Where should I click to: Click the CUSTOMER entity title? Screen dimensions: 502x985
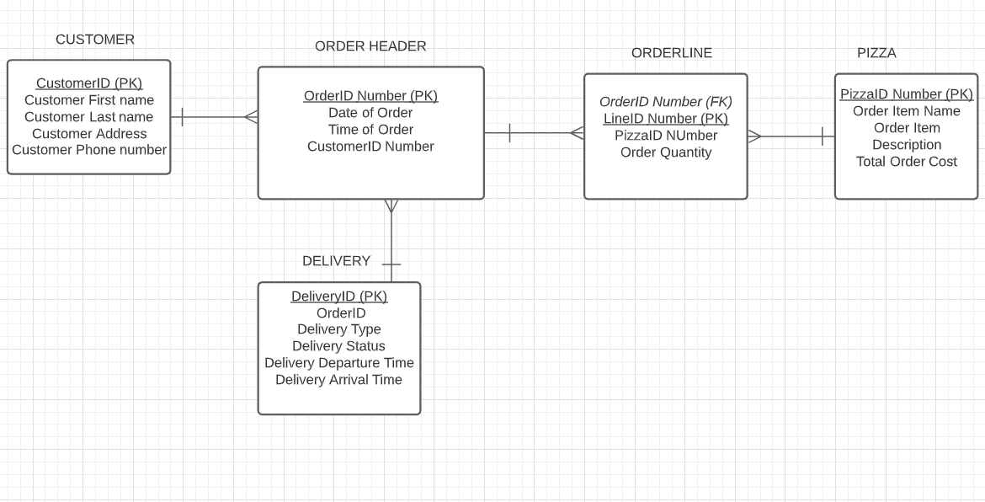coord(94,40)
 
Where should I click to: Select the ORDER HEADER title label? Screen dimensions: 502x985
coord(370,46)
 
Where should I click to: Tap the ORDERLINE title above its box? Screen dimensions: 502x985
coord(671,53)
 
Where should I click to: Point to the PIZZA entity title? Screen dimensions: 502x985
coord(876,53)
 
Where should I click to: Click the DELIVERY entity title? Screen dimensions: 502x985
coord(336,261)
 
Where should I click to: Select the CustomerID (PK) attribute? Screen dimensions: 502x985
coord(89,83)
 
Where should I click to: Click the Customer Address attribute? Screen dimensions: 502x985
coord(89,134)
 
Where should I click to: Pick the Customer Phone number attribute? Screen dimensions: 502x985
coord(89,150)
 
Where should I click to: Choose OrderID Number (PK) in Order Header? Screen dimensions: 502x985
coord(370,96)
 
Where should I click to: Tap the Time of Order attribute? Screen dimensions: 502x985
coord(370,130)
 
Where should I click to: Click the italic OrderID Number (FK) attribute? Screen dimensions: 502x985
coord(665,102)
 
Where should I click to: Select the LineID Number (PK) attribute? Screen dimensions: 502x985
coord(665,119)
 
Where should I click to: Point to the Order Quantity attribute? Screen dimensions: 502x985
coord(665,152)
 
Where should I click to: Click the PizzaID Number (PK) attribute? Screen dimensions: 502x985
coord(906,94)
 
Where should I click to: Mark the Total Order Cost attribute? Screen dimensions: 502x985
coord(906,162)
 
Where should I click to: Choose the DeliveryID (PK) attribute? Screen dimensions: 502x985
coord(338,296)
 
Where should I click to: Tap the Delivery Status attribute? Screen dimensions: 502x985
coord(338,346)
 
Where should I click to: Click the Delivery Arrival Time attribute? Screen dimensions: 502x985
coord(338,380)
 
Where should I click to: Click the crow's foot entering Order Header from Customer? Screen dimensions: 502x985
coord(251,117)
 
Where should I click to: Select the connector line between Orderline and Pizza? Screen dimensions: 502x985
coord(791,136)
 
